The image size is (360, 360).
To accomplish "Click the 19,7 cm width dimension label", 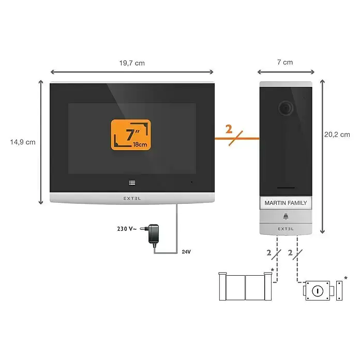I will pos(132,63).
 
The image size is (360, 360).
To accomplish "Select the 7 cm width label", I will pos(284,63).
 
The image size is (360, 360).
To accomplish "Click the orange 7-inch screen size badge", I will pos(131,135).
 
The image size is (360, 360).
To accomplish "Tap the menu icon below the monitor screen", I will pos(132,182).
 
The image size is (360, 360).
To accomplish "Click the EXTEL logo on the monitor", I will pos(131,198).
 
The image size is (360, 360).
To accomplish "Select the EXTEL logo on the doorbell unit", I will pos(286,228).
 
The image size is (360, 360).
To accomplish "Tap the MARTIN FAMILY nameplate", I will pos(286,203).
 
